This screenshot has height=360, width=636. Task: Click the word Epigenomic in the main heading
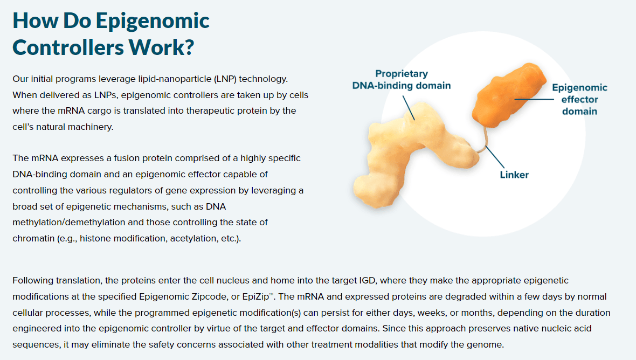tap(153, 20)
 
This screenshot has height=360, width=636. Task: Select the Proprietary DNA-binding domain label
tap(402, 80)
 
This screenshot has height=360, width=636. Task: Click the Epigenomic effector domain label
tap(579, 99)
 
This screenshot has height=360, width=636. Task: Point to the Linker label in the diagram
tap(514, 175)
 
